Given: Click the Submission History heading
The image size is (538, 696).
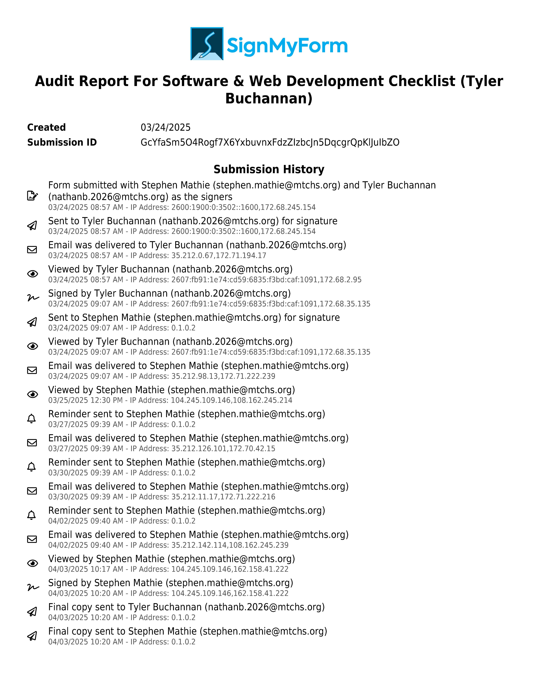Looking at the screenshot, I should pos(269,169).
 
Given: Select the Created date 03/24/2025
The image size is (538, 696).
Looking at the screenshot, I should pos(165,128).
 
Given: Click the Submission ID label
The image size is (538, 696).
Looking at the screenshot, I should pos(62,142).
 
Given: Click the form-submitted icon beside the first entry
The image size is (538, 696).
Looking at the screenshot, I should pos(32,196).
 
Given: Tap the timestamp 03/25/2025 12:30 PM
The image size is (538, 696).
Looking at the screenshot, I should pos(85,400).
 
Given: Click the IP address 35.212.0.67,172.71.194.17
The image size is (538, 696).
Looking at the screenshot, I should pos(219,256).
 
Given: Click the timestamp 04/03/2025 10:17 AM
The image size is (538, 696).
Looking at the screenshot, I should pos(85,569).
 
